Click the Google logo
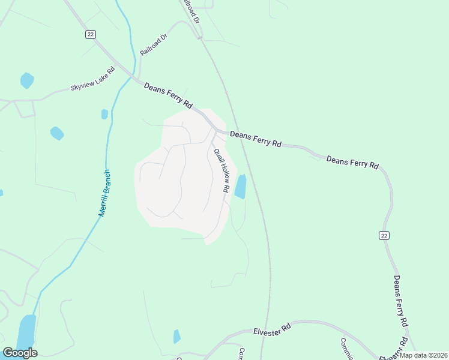tap(20, 353)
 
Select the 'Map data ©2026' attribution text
tap(424, 355)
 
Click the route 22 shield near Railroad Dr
tap(90, 34)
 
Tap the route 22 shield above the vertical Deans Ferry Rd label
tap(384, 235)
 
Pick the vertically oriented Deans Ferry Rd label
tap(401, 309)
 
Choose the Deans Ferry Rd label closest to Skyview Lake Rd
tap(168, 95)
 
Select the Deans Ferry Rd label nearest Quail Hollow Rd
tap(256, 140)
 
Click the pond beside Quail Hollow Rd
tap(241, 187)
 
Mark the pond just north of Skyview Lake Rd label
tap(27, 80)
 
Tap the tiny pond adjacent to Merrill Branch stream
tap(105, 113)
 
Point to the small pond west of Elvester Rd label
tap(176, 337)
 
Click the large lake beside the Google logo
tap(26, 333)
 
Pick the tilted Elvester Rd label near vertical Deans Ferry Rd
tap(393, 350)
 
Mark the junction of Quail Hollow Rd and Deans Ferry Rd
tap(215, 131)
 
